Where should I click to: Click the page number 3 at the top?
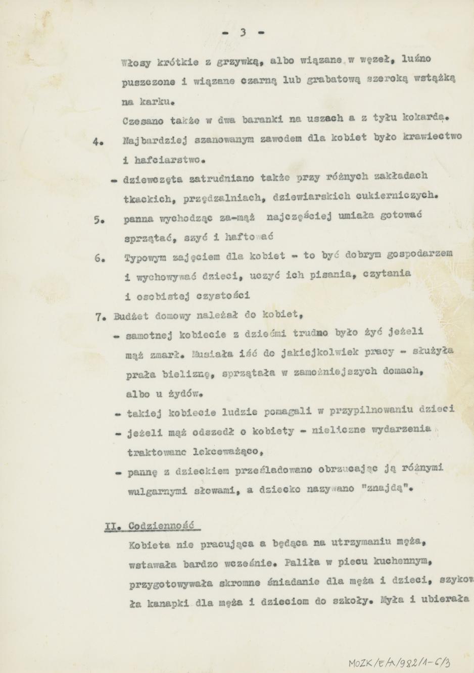tap(243, 32)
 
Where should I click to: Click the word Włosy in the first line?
tap(134, 63)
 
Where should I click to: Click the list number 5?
tap(99, 220)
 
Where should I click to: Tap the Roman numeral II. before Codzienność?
tap(111, 526)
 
